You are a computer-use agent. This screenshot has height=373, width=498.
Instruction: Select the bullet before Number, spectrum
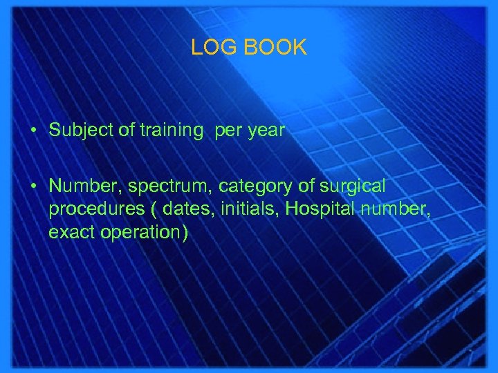tap(33, 186)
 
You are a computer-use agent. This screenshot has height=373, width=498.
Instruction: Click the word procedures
tap(89, 210)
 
